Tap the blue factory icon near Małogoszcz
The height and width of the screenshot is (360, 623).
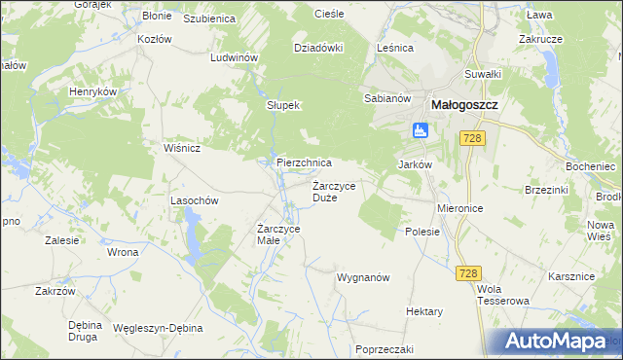(420, 129)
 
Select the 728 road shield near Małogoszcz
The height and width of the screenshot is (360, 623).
(473, 139)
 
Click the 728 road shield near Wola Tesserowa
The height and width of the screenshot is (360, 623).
(467, 275)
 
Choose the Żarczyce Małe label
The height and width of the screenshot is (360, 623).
(277, 234)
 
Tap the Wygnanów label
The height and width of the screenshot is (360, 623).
(363, 277)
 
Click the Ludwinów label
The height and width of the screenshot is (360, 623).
(234, 57)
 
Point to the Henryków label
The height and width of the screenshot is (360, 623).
(92, 91)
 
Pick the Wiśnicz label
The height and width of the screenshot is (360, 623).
(182, 148)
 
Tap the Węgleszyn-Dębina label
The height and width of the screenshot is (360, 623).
(157, 328)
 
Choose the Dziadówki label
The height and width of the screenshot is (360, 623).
(319, 47)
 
